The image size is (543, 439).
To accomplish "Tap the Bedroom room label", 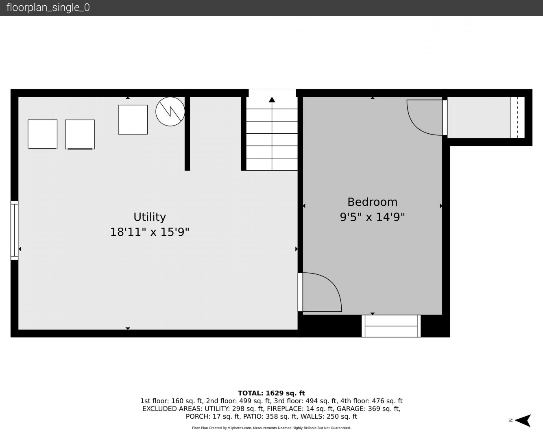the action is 373,202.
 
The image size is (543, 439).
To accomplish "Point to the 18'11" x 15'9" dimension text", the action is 150,232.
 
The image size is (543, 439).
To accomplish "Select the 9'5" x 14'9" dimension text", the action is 373,217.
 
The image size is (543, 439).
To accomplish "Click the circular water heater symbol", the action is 170,111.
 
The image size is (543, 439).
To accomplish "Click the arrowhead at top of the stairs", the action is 272,100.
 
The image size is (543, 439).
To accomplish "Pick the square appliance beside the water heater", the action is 133,120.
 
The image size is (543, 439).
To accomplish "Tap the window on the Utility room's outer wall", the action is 14,230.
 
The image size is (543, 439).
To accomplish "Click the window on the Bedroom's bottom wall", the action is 391,326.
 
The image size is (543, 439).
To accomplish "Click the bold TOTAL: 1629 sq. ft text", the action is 271,393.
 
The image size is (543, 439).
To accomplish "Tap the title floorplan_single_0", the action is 48,8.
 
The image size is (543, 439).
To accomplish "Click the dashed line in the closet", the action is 517,117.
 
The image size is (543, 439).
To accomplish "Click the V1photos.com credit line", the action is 271,428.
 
